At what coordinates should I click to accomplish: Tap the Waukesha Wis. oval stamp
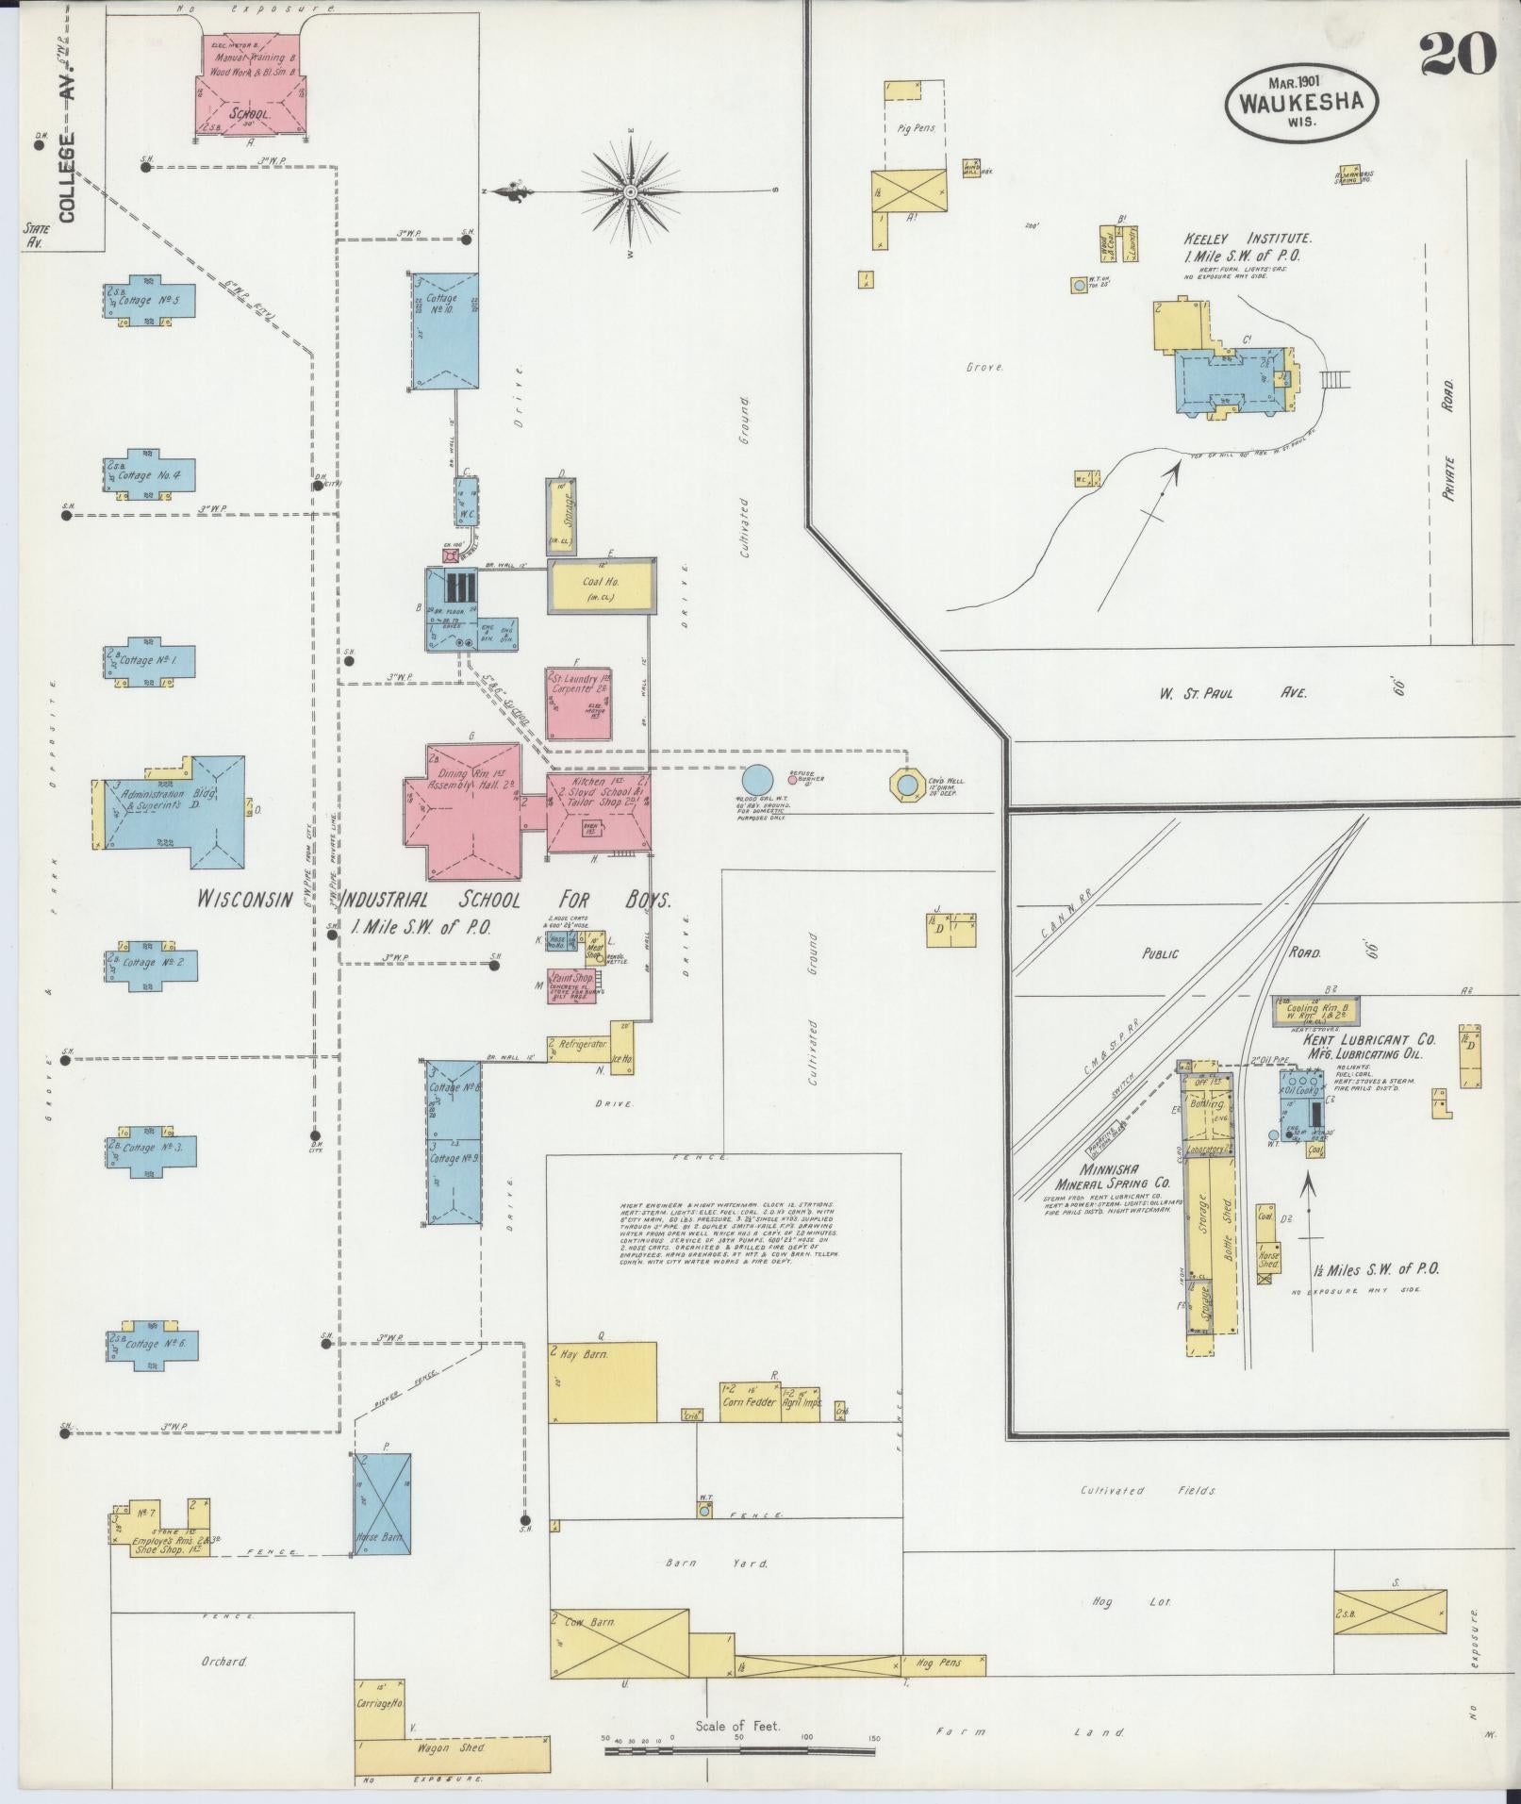pos(1301,101)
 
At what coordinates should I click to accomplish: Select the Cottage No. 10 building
pos(445,330)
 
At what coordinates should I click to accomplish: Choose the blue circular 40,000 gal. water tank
pos(756,781)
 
